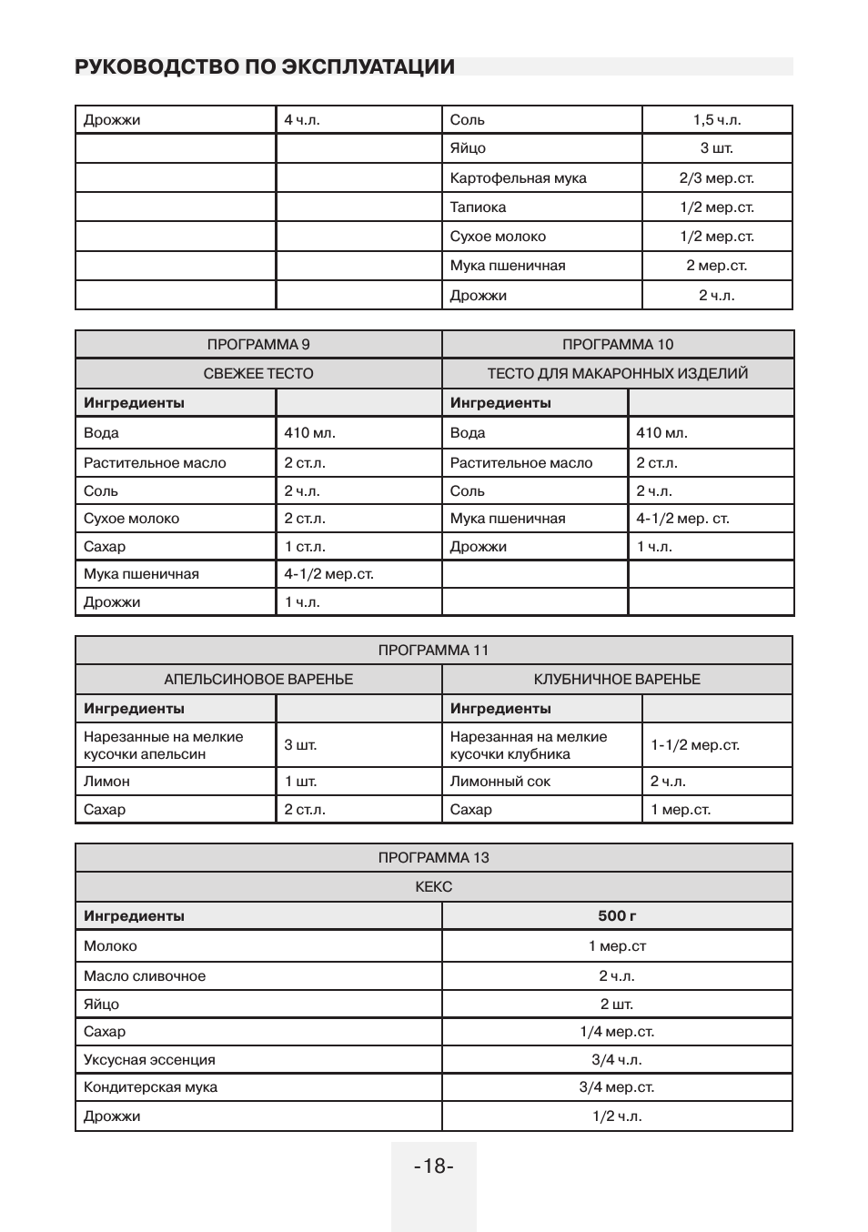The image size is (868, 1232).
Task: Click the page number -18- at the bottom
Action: pyautogui.click(x=433, y=1166)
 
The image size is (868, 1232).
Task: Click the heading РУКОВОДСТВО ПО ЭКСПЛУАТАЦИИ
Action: pyautogui.click(x=265, y=66)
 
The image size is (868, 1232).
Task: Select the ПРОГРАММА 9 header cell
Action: pyautogui.click(x=258, y=344)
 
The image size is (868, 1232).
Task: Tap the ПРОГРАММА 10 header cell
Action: pyautogui.click(x=618, y=344)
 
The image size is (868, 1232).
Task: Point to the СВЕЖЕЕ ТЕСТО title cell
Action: pyautogui.click(x=258, y=373)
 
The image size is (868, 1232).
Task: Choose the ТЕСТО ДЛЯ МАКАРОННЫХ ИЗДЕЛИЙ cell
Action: pyautogui.click(x=618, y=373)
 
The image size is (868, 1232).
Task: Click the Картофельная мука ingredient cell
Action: pyautogui.click(x=518, y=178)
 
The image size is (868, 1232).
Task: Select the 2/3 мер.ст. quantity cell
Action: pyautogui.click(x=716, y=178)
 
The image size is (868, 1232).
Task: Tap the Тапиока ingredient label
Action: pyautogui.click(x=478, y=207)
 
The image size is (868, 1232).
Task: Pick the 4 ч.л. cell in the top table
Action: pyautogui.click(x=302, y=120)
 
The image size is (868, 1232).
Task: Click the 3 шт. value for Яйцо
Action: pyautogui.click(x=716, y=148)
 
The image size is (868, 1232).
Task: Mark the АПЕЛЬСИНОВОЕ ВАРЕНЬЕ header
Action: pyautogui.click(x=258, y=679)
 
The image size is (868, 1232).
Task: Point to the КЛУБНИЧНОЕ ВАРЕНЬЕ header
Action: pyautogui.click(x=617, y=679)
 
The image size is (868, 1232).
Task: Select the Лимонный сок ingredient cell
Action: pyautogui.click(x=500, y=782)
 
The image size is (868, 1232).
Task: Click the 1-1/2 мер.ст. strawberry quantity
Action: pyautogui.click(x=694, y=745)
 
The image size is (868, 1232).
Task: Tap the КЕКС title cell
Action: pyautogui.click(x=433, y=886)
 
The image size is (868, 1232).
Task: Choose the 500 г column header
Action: pyautogui.click(x=617, y=916)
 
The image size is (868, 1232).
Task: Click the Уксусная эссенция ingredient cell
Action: pyautogui.click(x=149, y=1060)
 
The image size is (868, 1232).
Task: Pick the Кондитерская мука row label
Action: pyautogui.click(x=150, y=1087)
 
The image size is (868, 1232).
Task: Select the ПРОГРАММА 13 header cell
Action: pyautogui.click(x=433, y=857)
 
